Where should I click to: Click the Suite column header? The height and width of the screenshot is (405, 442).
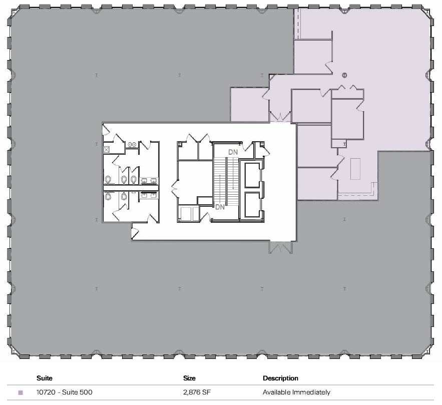[x=45, y=378]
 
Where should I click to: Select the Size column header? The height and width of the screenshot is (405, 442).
[x=189, y=378]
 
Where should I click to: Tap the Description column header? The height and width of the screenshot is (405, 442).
[x=280, y=378]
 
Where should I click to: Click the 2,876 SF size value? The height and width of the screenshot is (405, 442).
[x=196, y=392]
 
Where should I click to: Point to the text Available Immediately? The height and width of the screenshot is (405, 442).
[x=296, y=392]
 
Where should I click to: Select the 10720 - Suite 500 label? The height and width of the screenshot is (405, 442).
[x=65, y=392]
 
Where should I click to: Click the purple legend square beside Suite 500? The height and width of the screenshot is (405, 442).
[x=21, y=393]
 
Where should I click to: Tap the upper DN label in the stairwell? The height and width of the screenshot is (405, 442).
[x=233, y=152]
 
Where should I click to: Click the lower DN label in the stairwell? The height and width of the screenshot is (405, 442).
[x=220, y=206]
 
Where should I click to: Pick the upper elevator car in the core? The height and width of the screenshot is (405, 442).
[x=252, y=175]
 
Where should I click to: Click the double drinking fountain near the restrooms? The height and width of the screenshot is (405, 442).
[x=133, y=145]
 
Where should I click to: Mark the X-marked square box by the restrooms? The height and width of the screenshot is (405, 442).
[x=107, y=149]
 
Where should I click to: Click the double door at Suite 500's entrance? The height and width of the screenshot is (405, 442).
[x=280, y=117]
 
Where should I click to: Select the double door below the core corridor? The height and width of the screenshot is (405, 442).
[x=280, y=247]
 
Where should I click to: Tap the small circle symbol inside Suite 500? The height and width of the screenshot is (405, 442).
[x=344, y=75]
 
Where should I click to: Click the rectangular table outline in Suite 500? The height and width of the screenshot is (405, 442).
[x=355, y=168]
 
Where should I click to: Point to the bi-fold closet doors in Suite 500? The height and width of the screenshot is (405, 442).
[x=348, y=88]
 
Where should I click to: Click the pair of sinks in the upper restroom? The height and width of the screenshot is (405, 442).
[x=149, y=180]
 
